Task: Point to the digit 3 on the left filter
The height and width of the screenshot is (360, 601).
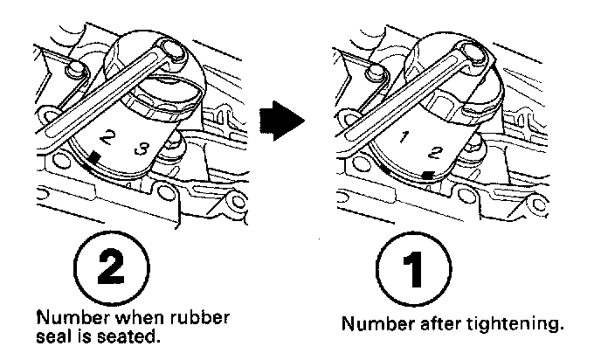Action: [141, 150]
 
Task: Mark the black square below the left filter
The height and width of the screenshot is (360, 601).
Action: [93, 156]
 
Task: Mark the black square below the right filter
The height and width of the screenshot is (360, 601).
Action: [426, 177]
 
